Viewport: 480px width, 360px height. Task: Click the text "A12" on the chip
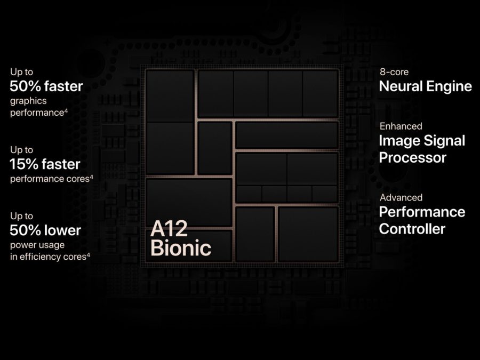tap(169, 228)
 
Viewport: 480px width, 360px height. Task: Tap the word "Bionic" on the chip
tap(181, 248)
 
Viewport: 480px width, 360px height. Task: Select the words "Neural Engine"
tap(426, 86)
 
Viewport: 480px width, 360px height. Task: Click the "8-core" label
tap(394, 72)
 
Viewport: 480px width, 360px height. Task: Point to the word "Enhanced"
tap(401, 126)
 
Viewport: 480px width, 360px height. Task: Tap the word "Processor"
tap(413, 158)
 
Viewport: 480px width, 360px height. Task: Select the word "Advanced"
tap(401, 197)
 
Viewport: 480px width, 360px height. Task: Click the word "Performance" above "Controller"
tap(422, 212)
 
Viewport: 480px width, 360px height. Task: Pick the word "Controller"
tap(412, 229)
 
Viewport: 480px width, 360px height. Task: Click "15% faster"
tap(45, 164)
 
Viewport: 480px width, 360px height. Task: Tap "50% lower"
tap(45, 230)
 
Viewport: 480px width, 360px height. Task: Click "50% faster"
tap(46, 86)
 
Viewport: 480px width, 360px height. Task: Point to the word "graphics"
tap(28, 101)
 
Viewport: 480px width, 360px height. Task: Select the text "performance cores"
tap(50, 179)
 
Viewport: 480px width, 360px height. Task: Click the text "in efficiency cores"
tap(49, 257)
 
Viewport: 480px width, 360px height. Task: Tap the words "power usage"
tap(37, 245)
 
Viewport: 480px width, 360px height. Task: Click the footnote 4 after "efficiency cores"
tap(89, 255)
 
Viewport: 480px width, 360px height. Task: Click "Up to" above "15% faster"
tap(21, 150)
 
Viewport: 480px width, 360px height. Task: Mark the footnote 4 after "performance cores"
tap(92, 177)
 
